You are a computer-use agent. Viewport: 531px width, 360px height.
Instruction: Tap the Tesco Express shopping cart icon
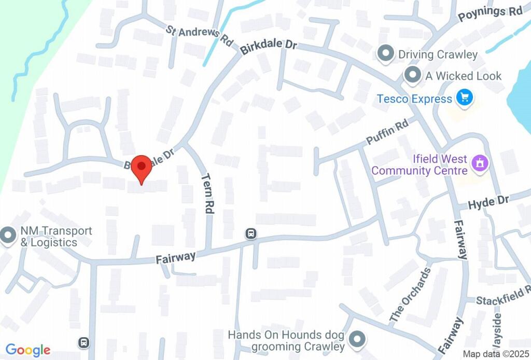pyautogui.click(x=464, y=97)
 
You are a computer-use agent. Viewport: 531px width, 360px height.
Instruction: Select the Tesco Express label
pyautogui.click(x=414, y=99)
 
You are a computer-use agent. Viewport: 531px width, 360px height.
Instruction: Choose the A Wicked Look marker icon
pyautogui.click(x=413, y=76)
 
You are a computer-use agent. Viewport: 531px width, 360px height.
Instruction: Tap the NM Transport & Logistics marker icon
pyautogui.click(x=8, y=236)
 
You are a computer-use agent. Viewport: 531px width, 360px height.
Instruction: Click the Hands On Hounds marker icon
pyautogui.click(x=356, y=340)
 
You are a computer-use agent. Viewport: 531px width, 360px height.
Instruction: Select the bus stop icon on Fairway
pyautogui.click(x=251, y=234)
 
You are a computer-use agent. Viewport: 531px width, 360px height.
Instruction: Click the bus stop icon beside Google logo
pyautogui.click(x=83, y=342)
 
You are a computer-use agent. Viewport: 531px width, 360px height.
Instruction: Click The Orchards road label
pyautogui.click(x=410, y=294)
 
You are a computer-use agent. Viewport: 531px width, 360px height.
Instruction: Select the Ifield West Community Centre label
pyautogui.click(x=419, y=164)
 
